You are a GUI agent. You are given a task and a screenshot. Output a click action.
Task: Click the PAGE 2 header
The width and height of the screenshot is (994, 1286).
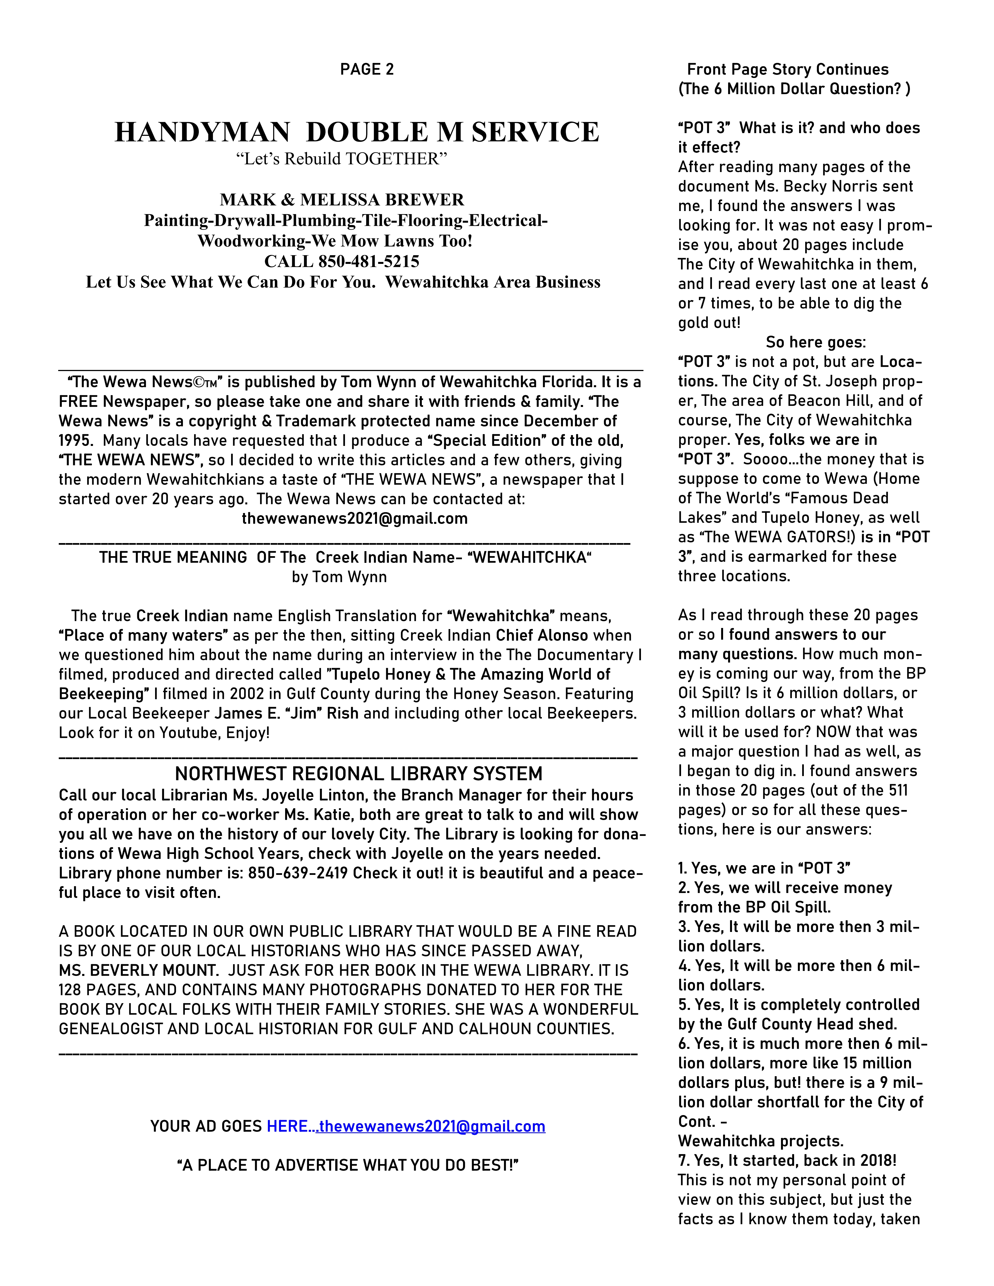(367, 70)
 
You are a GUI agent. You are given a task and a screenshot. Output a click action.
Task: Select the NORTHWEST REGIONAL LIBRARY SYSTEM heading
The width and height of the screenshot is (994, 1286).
(359, 773)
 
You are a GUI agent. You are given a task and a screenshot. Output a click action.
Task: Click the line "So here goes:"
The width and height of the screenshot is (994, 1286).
(816, 342)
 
